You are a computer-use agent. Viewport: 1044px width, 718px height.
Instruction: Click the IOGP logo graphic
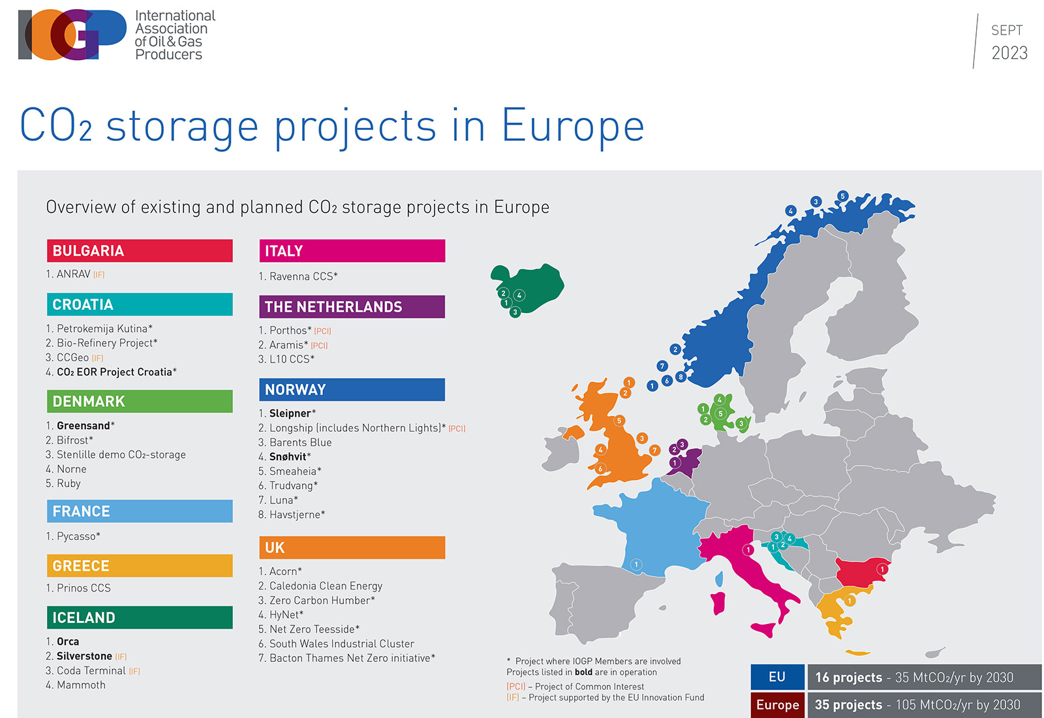click(72, 35)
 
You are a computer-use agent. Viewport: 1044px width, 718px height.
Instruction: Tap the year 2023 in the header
click(1009, 53)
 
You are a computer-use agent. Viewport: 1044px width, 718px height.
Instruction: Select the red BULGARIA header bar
click(140, 251)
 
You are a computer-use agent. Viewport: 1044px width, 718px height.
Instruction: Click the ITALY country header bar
click(352, 251)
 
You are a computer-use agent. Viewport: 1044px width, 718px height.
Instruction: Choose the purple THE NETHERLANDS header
click(352, 307)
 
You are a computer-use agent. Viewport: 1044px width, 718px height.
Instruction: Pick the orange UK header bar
click(352, 548)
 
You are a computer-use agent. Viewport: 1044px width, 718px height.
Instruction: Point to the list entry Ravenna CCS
click(303, 277)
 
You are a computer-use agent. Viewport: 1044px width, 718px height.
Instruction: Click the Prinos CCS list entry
click(84, 588)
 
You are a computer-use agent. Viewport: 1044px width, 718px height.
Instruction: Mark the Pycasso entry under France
click(78, 536)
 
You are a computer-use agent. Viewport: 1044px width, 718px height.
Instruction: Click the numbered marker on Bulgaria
click(882, 569)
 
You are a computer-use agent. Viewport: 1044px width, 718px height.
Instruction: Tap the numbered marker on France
click(636, 565)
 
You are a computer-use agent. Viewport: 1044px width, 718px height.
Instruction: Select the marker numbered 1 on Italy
click(748, 550)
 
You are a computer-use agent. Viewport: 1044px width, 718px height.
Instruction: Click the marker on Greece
click(850, 601)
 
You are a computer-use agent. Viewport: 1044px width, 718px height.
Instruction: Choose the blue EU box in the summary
click(776, 677)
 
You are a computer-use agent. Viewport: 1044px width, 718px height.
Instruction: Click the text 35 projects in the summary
click(848, 705)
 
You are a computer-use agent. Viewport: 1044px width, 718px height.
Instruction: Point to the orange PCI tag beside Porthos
click(322, 331)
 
